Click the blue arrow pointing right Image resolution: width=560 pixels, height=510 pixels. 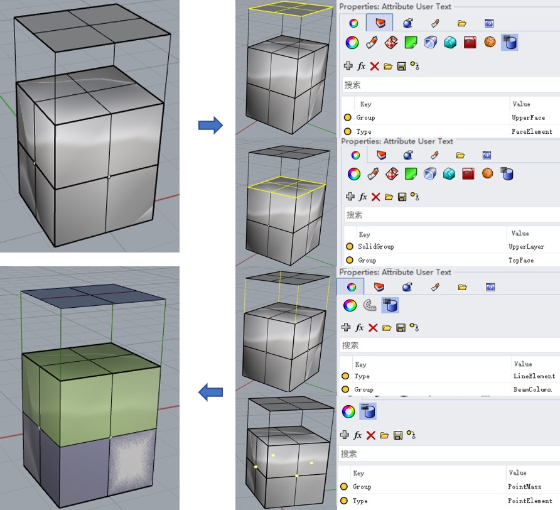pyautogui.click(x=210, y=125)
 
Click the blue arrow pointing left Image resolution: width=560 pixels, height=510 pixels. pyautogui.click(x=210, y=393)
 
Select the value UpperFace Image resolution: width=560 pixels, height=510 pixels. pyautogui.click(x=528, y=117)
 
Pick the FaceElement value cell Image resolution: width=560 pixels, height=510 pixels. pyautogui.click(x=532, y=131)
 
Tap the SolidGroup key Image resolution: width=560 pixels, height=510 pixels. pyautogui.click(x=375, y=246)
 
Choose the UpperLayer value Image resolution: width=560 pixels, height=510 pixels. pyautogui.click(x=527, y=247)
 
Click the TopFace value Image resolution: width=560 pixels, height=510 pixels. pyautogui.click(x=521, y=260)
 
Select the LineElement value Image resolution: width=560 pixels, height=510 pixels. pyautogui.click(x=534, y=376)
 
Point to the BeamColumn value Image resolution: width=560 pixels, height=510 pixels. pyautogui.click(x=532, y=389)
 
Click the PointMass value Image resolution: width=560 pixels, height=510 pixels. pyautogui.click(x=524, y=487)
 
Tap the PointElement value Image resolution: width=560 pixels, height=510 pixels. pyautogui.click(x=530, y=501)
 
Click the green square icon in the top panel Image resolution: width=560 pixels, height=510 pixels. pyautogui.click(x=411, y=43)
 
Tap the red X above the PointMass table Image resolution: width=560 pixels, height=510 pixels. pyautogui.click(x=370, y=435)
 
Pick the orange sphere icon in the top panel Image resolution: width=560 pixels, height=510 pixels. pyautogui.click(x=490, y=42)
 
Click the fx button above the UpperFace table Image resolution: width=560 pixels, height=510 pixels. pyautogui.click(x=361, y=66)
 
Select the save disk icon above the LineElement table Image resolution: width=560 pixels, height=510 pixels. pyautogui.click(x=401, y=328)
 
